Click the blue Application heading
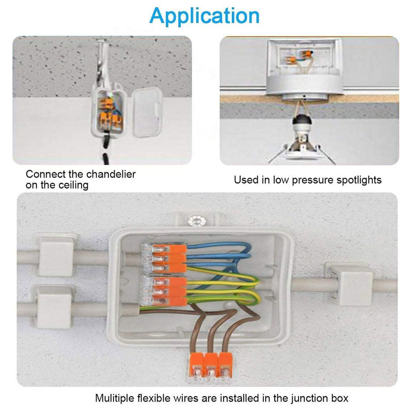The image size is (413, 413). coord(205,16)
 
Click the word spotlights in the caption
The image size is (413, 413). coord(356,180)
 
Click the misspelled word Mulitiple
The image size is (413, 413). coord(115,399)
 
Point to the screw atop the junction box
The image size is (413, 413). coord(196,221)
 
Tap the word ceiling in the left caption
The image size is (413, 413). coord(73,185)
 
